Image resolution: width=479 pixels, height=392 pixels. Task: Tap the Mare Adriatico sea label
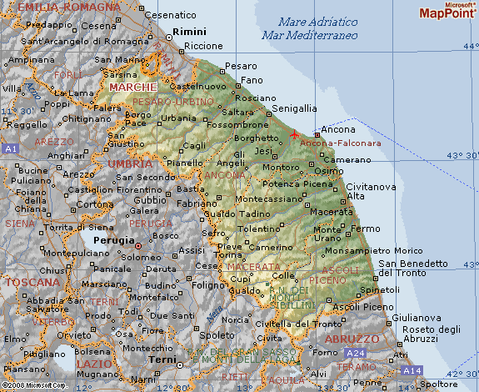[x=307, y=22]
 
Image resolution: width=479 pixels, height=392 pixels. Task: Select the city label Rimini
[x=188, y=32]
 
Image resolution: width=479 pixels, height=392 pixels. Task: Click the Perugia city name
[x=112, y=239]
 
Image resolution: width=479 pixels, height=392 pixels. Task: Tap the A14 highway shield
[x=412, y=369]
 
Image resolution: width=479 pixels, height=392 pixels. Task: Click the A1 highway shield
[x=11, y=148]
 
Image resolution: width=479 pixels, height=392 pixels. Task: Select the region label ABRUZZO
[x=352, y=339]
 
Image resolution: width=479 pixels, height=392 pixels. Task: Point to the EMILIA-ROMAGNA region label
[x=57, y=7]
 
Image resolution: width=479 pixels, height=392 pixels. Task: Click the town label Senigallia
[x=295, y=108]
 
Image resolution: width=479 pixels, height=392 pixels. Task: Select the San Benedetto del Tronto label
[x=413, y=269]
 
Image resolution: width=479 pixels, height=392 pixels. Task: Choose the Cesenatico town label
[x=170, y=15]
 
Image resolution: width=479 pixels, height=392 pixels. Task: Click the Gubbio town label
[x=150, y=200]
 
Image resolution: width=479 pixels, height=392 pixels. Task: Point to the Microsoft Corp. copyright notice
[x=33, y=385]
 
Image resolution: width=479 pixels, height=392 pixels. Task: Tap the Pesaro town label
[x=241, y=65]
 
